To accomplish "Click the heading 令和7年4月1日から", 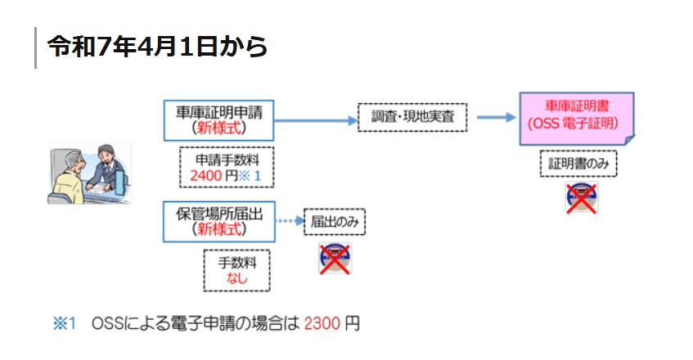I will click(157, 47).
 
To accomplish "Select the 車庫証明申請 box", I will click(218, 119).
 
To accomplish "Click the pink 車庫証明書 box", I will click(577, 118).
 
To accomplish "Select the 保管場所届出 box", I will click(218, 221).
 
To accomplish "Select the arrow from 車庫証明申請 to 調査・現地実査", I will click(315, 119).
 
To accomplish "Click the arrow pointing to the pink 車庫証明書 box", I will click(493, 118).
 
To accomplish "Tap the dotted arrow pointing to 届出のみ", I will click(289, 221).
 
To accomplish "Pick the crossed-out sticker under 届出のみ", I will click(334, 257).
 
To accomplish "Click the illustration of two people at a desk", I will click(89, 174).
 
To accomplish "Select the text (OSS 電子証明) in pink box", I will click(577, 125).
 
